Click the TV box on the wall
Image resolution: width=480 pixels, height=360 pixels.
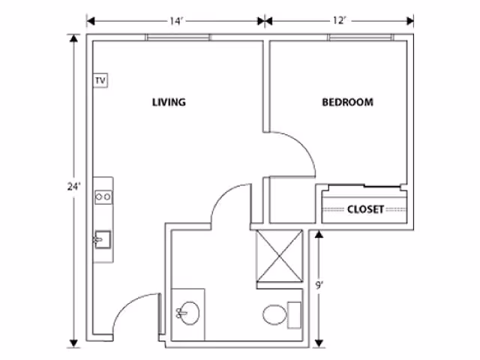click(100, 80)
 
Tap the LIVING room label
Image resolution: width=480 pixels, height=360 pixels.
click(169, 102)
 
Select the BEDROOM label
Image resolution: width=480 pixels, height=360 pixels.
click(348, 102)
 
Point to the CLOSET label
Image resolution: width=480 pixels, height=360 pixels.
click(365, 209)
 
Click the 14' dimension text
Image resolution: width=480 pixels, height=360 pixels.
click(176, 21)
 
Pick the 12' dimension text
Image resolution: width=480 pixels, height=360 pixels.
click(339, 21)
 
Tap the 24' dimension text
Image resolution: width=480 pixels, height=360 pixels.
click(73, 186)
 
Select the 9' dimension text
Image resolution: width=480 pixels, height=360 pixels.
click(319, 285)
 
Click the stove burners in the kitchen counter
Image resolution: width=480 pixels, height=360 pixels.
click(103, 197)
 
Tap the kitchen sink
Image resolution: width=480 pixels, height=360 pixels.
click(103, 239)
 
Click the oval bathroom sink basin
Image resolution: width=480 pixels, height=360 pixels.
click(189, 313)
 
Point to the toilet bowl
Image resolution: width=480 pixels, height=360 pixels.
click(275, 315)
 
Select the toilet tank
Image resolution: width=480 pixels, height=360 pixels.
click(294, 315)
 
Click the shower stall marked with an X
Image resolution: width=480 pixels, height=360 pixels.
click(280, 256)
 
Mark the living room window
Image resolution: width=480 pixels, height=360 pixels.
click(178, 37)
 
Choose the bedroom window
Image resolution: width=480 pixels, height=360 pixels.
click(361, 37)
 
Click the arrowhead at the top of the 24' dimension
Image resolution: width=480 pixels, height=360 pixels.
click(73, 38)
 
